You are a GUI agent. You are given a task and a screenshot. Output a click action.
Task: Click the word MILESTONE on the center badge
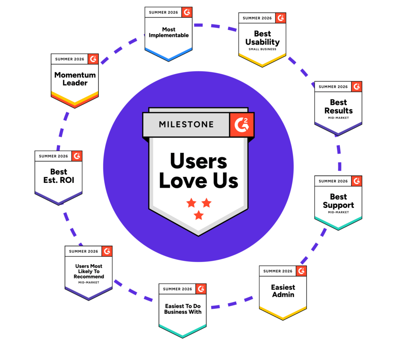(x=186, y=124)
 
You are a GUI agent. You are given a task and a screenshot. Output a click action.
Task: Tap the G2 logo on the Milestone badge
(x=241, y=125)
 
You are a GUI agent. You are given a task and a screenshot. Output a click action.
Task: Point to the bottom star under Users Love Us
(x=199, y=215)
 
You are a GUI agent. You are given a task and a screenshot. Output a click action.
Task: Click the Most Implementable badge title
(x=169, y=32)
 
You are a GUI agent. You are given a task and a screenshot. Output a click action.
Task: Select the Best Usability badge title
(x=262, y=38)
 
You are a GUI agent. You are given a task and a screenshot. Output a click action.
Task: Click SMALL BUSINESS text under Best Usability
(x=262, y=49)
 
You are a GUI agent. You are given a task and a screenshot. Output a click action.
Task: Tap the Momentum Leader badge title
(x=75, y=79)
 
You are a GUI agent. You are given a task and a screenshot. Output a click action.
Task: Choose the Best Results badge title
(x=339, y=106)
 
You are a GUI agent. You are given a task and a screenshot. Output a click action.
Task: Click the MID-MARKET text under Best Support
(x=339, y=212)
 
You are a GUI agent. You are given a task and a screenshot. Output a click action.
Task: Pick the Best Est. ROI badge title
(x=59, y=176)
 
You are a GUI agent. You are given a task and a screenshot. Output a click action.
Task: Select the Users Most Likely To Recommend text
(x=89, y=271)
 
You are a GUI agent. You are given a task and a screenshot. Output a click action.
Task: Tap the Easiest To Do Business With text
(x=183, y=309)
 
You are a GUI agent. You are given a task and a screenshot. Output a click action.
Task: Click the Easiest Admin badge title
(x=283, y=291)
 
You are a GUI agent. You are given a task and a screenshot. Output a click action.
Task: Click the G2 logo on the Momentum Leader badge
(x=93, y=59)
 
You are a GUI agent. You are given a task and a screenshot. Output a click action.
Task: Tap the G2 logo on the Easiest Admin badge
(x=301, y=271)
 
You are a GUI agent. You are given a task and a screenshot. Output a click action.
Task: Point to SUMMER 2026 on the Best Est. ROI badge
(x=54, y=156)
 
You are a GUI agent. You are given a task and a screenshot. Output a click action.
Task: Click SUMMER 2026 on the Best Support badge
(x=333, y=181)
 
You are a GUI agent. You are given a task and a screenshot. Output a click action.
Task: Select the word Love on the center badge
(x=183, y=181)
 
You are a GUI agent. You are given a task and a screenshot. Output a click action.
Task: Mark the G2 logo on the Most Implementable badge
(x=187, y=12)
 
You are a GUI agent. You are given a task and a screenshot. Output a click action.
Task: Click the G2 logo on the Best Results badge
(x=357, y=87)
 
